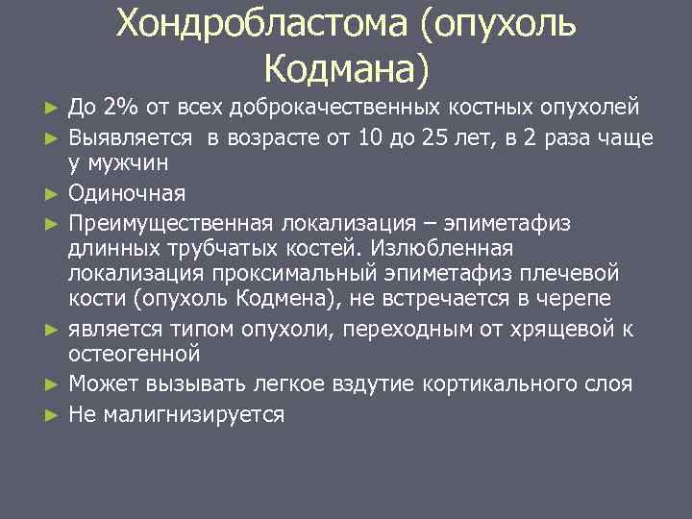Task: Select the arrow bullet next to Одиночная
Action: pos(54,194)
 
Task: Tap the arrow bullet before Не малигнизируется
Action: pos(54,415)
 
